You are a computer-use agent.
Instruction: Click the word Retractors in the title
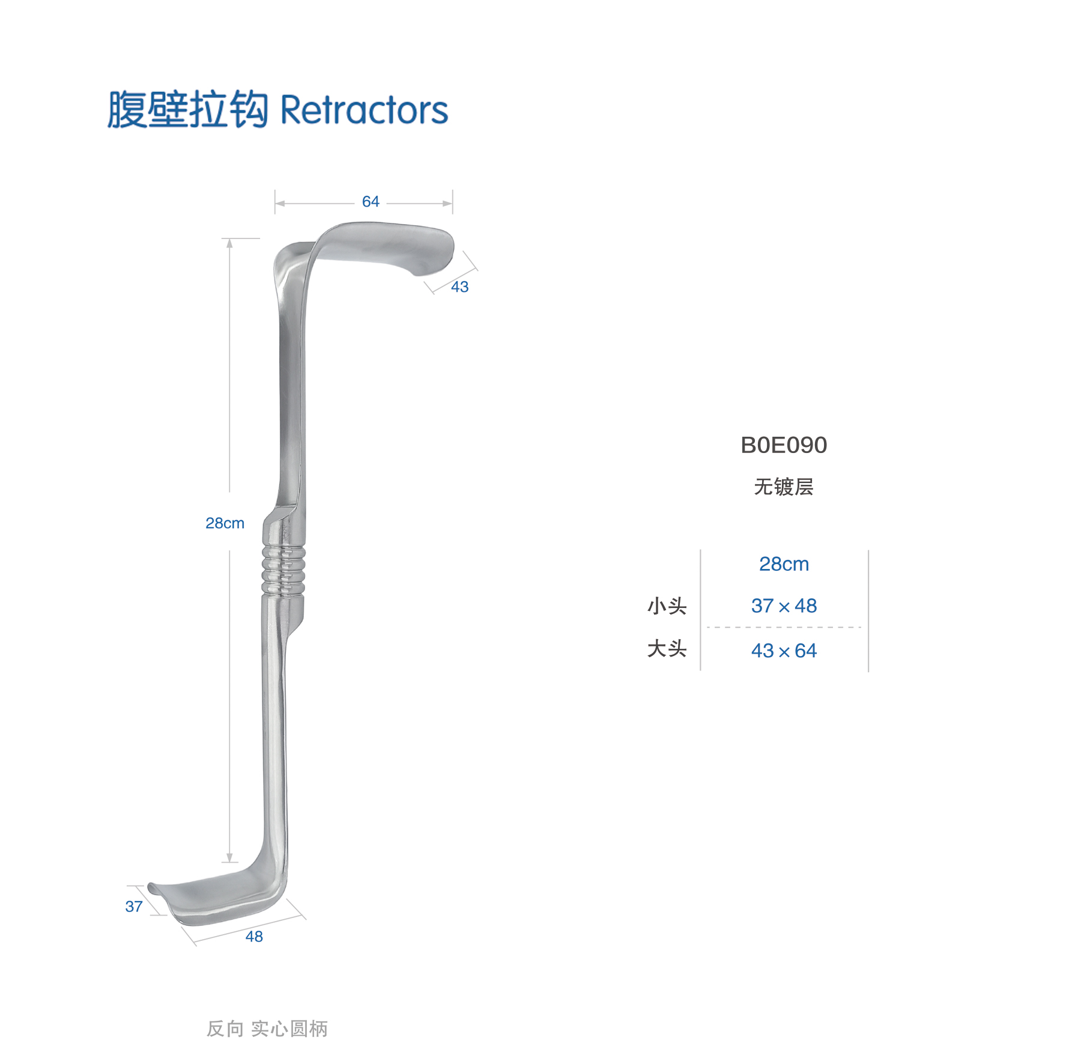coord(364,110)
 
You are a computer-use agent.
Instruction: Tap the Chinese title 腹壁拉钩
coord(187,109)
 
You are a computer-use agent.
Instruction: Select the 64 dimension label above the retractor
coord(371,202)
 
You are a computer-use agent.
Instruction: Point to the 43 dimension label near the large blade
coord(460,287)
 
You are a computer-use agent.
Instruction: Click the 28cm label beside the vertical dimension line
coord(225,523)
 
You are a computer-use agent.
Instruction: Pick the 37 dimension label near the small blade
coord(134,907)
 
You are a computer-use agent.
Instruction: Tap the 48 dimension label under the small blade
coord(254,937)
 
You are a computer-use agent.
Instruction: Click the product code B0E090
coord(784,445)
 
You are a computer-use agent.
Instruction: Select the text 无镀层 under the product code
coord(784,487)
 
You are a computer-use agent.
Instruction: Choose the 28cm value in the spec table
coord(784,564)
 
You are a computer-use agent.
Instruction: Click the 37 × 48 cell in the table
coord(784,606)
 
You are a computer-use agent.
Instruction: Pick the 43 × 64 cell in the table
coord(784,651)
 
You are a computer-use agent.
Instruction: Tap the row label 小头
coord(667,606)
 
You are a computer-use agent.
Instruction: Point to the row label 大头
coord(667,649)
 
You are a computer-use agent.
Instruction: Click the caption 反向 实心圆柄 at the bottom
coord(267,1029)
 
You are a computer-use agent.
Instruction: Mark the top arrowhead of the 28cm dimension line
coord(229,243)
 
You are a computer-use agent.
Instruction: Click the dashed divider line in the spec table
coord(784,627)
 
